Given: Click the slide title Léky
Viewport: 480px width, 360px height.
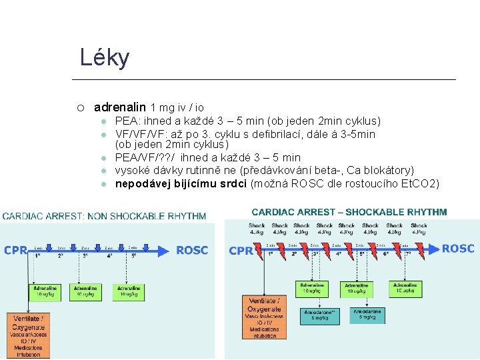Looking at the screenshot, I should (104, 58).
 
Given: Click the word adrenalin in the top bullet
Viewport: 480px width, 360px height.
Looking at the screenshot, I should (120, 107).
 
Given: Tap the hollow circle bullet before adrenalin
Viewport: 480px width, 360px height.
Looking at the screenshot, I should (79, 107).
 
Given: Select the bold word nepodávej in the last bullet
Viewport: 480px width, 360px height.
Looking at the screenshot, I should (141, 183).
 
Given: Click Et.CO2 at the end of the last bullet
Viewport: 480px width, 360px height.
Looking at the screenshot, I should (419, 183).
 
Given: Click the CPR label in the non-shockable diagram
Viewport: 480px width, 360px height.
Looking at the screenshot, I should (16, 251).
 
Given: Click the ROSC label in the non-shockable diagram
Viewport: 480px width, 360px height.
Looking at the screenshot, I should (192, 251).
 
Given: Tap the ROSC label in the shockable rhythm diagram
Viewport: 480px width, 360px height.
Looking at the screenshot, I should (458, 249).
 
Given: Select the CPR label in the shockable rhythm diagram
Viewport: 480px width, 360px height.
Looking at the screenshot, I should (240, 251).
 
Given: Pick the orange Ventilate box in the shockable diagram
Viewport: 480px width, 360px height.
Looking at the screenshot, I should (263, 317).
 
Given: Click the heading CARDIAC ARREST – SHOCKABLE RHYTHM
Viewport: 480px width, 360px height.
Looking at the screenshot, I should (349, 212).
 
